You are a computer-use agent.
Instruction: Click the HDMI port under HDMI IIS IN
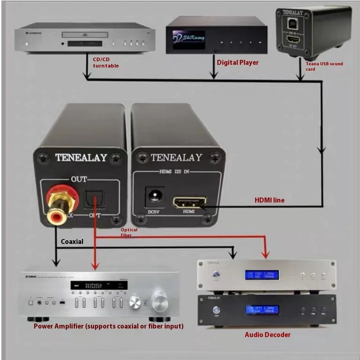pyautogui.click(x=188, y=202)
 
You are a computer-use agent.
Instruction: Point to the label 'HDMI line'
pyautogui.click(x=270, y=200)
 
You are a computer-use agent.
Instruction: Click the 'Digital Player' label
pyautogui.click(x=238, y=63)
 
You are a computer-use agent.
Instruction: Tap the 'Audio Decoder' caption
pyautogui.click(x=267, y=334)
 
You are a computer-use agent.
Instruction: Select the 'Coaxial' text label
pyautogui.click(x=72, y=242)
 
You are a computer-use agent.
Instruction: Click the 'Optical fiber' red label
pyautogui.click(x=129, y=232)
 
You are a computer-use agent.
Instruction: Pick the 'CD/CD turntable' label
pyautogui.click(x=106, y=63)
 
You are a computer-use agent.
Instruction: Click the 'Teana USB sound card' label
pyautogui.click(x=324, y=66)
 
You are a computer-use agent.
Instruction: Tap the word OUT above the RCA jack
pyautogui.click(x=79, y=180)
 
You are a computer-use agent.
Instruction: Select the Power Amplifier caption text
pyautogui.click(x=108, y=326)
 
